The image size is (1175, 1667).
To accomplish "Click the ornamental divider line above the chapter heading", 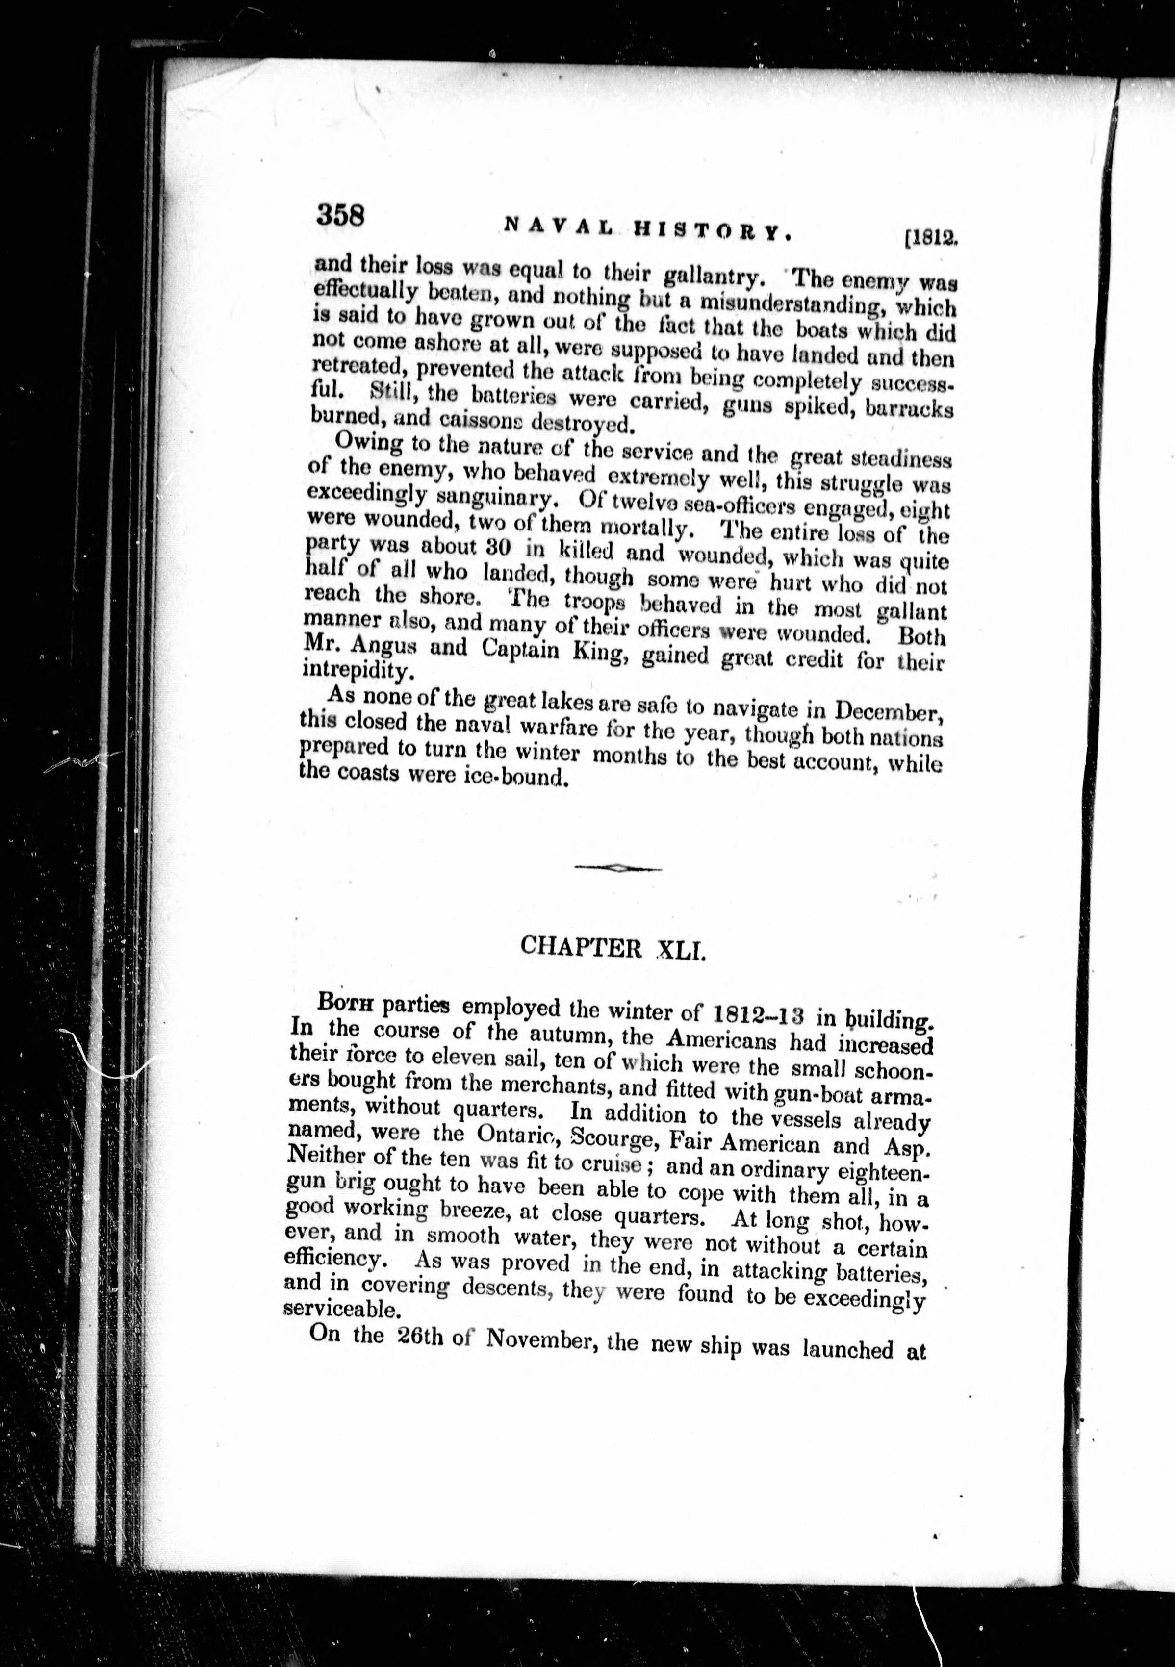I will (617, 868).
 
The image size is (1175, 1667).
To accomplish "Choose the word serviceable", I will (340, 1310).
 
